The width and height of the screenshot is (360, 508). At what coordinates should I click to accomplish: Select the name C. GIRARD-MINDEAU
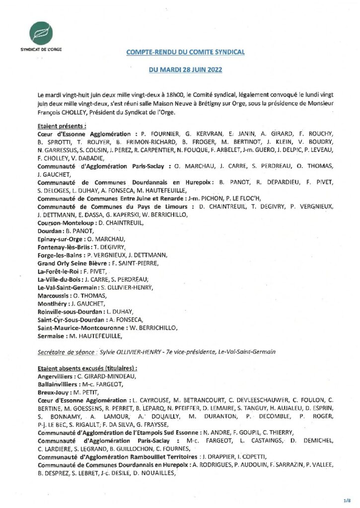pyautogui.click(x=103, y=376)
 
